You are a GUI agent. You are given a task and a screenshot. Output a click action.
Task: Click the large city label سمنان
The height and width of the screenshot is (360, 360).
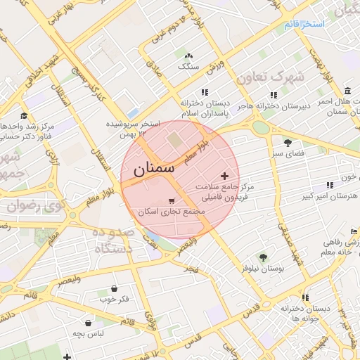148,169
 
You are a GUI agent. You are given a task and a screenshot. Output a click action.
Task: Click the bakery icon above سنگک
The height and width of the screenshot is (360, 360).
188,56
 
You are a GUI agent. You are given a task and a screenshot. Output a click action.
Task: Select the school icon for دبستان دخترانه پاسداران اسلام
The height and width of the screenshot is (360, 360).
205,92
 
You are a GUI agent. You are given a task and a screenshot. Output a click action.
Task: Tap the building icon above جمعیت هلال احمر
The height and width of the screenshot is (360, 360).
349,91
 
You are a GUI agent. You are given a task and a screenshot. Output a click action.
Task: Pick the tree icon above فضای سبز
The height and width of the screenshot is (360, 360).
287,143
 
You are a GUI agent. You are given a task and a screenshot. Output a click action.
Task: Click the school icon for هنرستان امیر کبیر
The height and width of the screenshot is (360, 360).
330,185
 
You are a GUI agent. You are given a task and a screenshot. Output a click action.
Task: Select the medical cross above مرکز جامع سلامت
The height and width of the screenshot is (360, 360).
224,176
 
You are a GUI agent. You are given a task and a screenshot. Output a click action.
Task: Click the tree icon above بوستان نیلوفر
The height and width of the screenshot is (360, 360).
263,257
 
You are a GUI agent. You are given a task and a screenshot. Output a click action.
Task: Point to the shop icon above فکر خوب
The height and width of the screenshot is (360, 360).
114,288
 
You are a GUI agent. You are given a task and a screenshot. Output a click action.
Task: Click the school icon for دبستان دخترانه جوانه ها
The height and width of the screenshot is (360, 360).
307,297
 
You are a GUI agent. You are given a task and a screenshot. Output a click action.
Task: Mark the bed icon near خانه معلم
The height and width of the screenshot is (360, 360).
354,232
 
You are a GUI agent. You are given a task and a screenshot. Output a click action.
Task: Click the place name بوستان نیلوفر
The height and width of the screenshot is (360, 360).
262,269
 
